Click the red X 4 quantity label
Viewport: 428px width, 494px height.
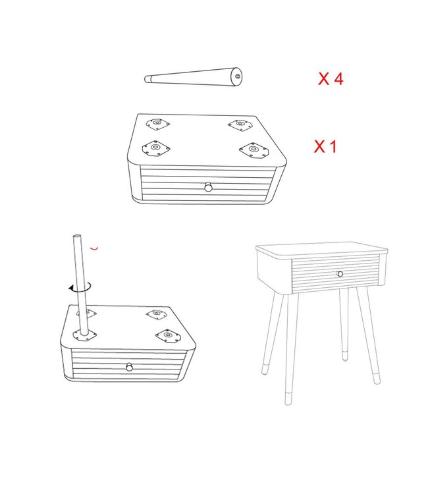[331, 78]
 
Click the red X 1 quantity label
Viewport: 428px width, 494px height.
[325, 146]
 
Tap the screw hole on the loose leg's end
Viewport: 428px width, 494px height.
[238, 76]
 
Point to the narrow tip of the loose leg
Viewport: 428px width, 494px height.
[147, 79]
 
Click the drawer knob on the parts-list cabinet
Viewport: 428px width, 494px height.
[208, 187]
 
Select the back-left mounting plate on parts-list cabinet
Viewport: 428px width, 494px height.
[158, 124]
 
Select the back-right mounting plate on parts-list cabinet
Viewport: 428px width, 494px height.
[240, 125]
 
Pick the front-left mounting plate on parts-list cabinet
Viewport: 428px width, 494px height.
[156, 148]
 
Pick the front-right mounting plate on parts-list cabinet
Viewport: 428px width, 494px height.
[254, 150]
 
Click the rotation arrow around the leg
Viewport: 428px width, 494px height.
[80, 287]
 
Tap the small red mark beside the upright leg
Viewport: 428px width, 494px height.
[94, 248]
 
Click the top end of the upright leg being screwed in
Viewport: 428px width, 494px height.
[77, 236]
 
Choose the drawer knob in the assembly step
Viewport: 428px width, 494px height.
[129, 367]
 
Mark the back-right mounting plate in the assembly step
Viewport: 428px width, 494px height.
[157, 314]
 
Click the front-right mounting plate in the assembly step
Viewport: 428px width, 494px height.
[169, 336]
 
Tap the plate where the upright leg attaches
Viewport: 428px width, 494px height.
[84, 335]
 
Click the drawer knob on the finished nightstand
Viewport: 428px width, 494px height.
[340, 274]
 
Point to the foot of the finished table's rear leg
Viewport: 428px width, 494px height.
[345, 356]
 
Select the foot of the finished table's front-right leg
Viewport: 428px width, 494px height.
[376, 379]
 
